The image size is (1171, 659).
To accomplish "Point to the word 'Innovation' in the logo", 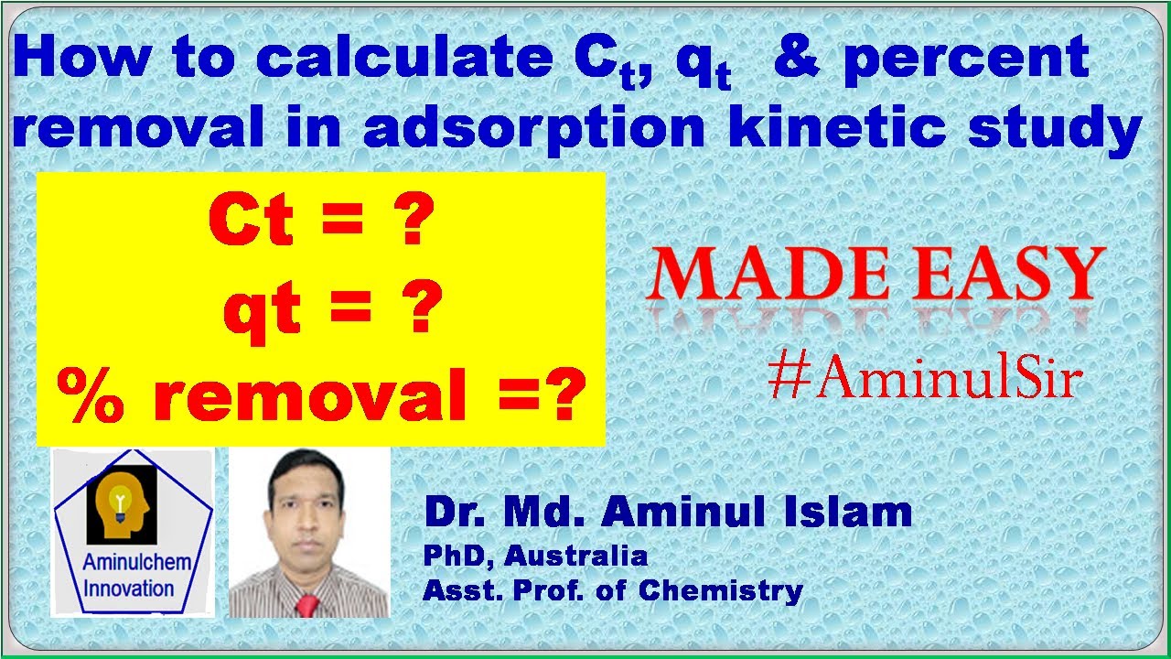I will click(x=128, y=588).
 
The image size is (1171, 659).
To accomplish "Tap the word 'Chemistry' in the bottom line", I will click(x=721, y=590).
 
